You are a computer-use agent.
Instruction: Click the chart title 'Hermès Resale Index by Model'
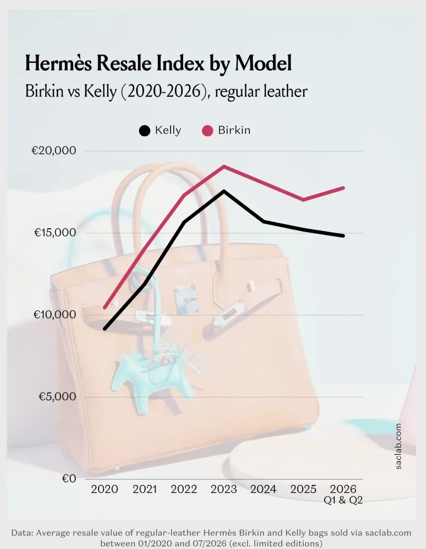159,63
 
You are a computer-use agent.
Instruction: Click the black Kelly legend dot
145,131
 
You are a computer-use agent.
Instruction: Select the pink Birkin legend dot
207,131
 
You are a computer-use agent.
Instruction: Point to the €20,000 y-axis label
54,150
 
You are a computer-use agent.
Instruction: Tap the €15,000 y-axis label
55,233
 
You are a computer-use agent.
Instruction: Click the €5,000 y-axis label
57,397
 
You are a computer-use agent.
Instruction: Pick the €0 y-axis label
69,478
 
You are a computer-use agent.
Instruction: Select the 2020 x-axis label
105,489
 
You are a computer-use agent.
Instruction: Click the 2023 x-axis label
224,489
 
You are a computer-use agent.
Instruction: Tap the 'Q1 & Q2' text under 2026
343,500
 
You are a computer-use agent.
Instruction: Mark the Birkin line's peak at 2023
224,166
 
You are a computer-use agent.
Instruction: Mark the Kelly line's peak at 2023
224,191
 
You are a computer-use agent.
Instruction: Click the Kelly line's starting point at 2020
105,329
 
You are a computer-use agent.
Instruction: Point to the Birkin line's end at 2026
343,188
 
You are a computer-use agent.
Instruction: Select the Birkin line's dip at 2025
304,200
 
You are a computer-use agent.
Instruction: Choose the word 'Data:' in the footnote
22,533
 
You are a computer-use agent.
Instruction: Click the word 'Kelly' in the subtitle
100,91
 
